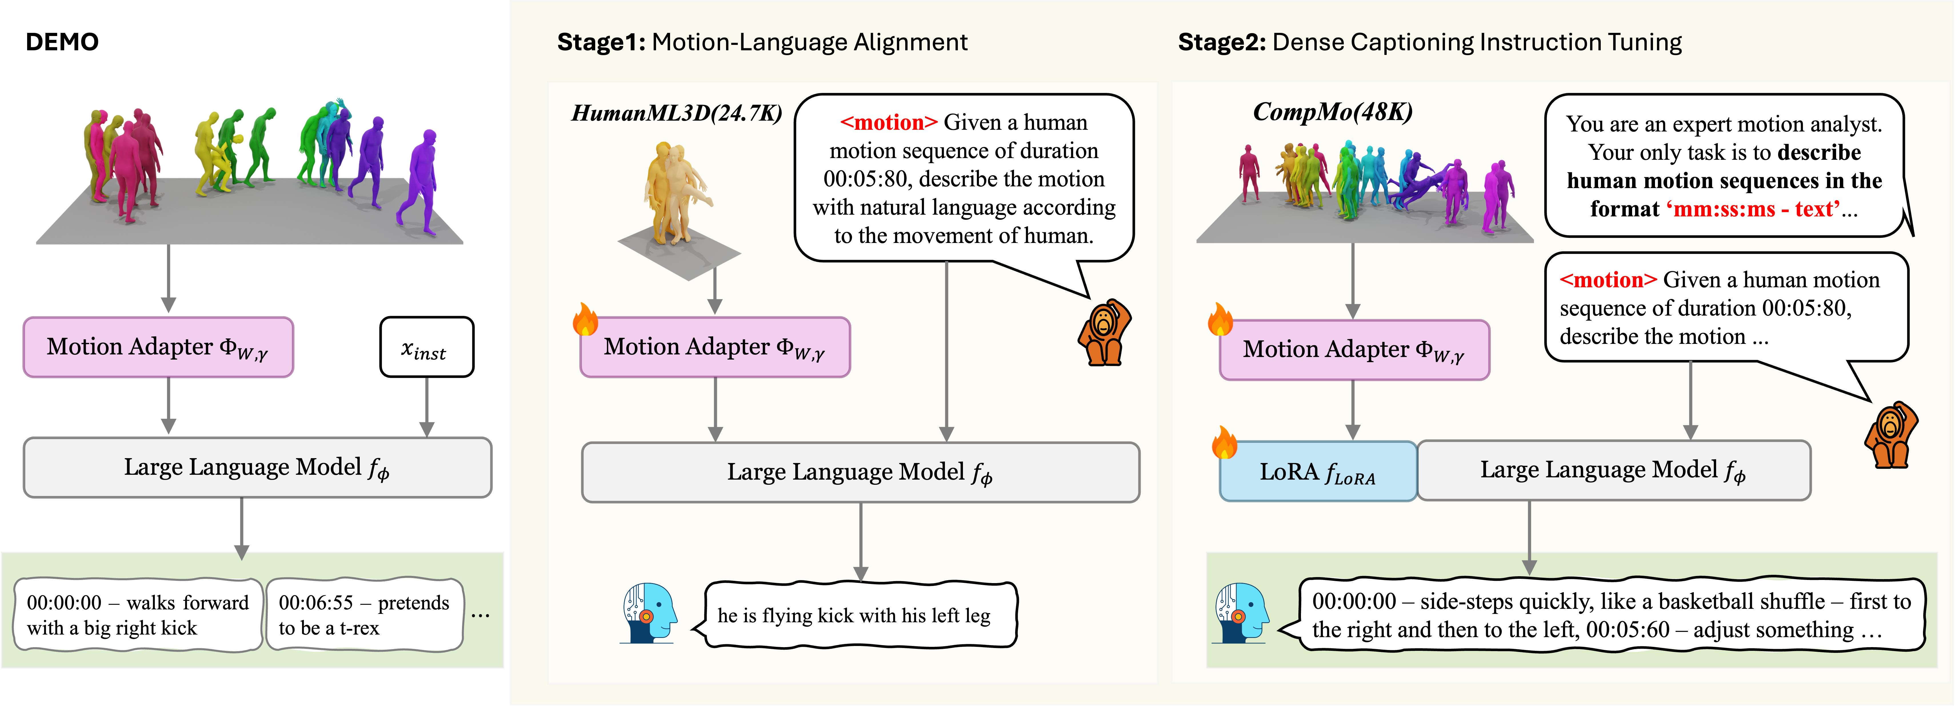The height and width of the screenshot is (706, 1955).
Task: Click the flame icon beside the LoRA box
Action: [1224, 442]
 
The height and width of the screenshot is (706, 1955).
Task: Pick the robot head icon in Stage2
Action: [1241, 613]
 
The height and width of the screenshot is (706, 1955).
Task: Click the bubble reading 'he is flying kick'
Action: [860, 615]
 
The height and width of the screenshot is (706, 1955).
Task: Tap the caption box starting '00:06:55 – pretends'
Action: [364, 615]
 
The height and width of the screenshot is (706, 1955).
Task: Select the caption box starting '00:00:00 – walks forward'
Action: [138, 615]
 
